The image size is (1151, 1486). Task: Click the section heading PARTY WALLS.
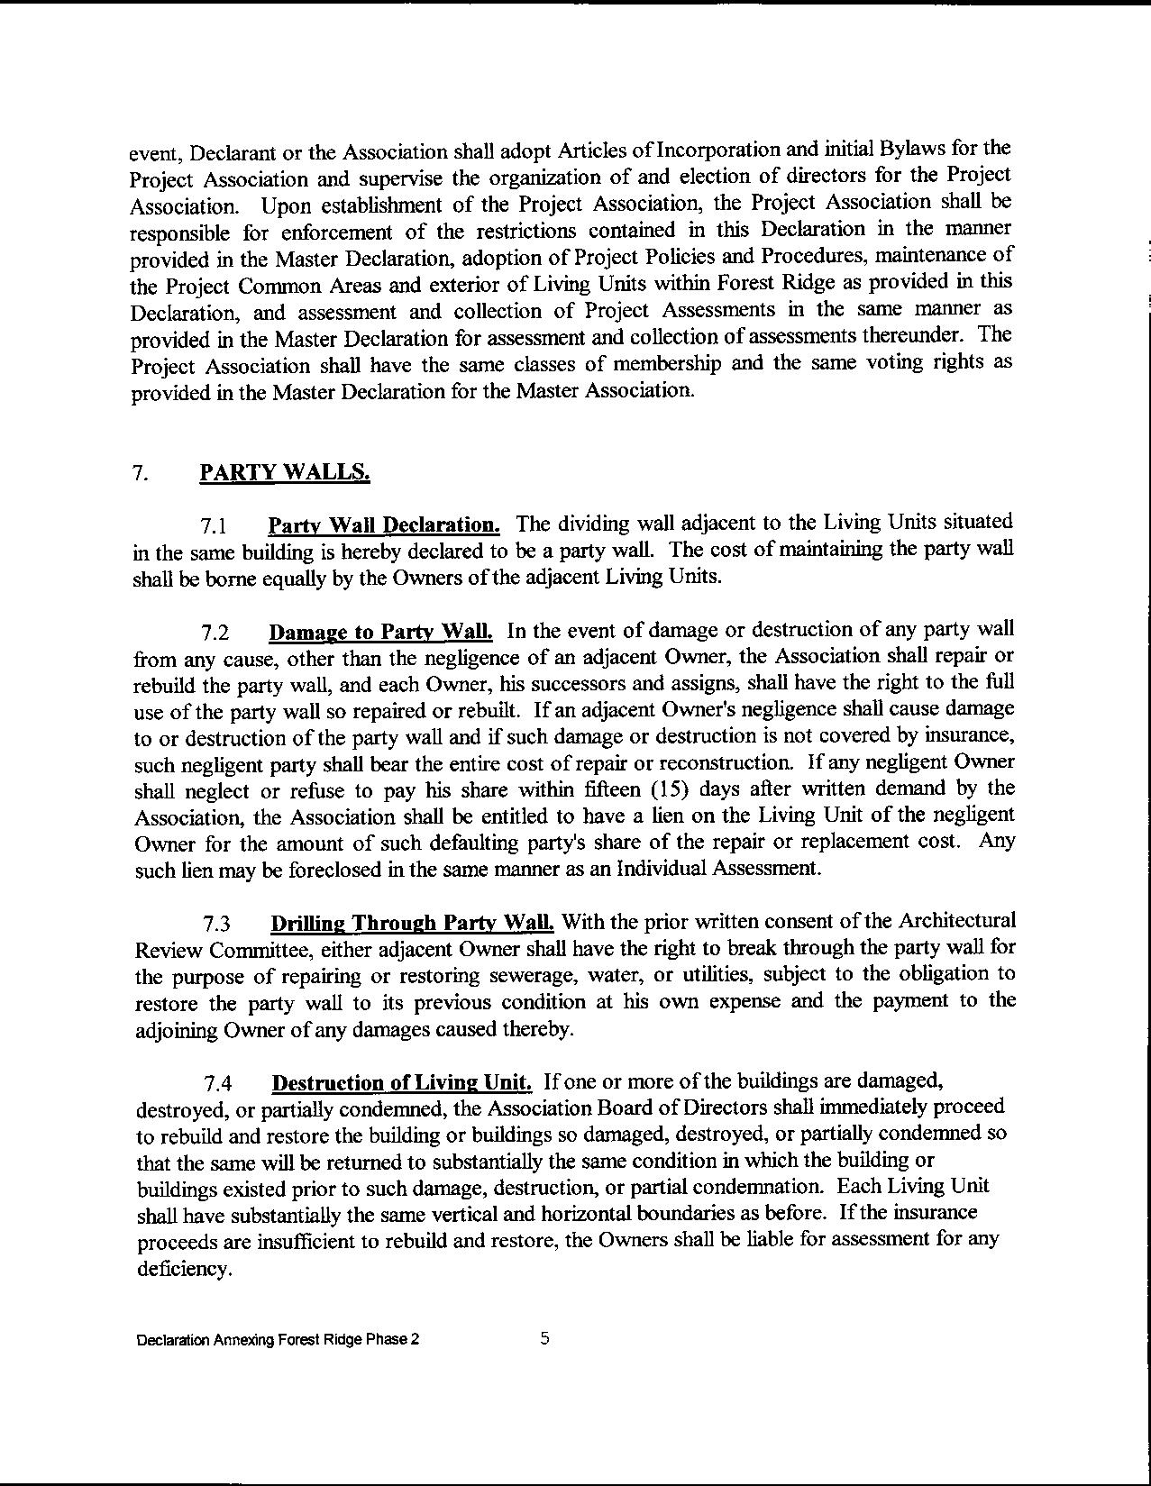[x=284, y=473]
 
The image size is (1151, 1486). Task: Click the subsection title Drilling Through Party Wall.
[x=412, y=923]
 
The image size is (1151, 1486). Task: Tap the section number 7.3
[x=216, y=925]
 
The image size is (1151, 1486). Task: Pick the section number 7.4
[x=218, y=1083]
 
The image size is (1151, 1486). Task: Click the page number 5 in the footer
[x=544, y=1338]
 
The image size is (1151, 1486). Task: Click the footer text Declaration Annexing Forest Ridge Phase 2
[x=278, y=1339]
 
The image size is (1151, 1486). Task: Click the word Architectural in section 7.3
[x=955, y=921]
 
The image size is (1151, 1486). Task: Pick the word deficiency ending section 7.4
[x=184, y=1268]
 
